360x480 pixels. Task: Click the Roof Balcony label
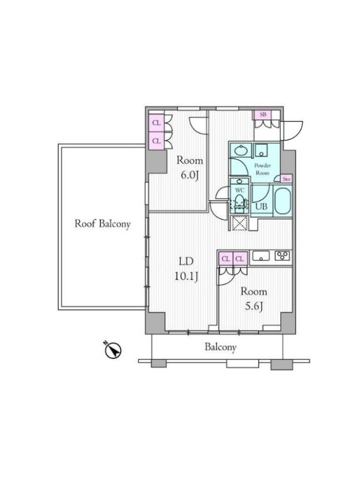(103, 224)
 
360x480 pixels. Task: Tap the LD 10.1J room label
(186, 269)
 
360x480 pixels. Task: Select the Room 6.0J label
(190, 168)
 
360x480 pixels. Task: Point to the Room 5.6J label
(254, 299)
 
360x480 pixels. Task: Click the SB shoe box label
(263, 115)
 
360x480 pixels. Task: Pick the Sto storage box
(287, 179)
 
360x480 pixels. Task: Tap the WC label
(239, 190)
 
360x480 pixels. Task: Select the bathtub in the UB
(283, 201)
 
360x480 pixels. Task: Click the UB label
(261, 206)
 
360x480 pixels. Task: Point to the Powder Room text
(262, 169)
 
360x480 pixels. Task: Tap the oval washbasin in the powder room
(242, 151)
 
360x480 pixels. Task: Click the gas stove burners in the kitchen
(282, 256)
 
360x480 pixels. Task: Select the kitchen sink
(261, 256)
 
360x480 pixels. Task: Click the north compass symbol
(113, 350)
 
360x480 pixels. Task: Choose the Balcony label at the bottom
(220, 347)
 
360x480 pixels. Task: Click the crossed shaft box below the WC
(239, 223)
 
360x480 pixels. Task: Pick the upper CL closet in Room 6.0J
(157, 123)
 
